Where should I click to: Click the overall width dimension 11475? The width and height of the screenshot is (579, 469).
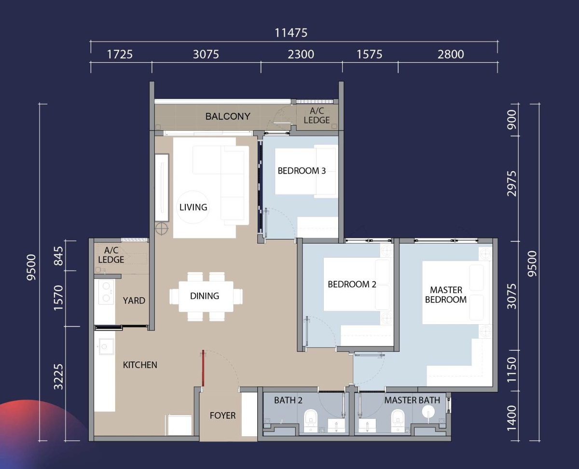click(x=291, y=33)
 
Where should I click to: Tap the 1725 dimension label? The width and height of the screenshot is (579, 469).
click(x=120, y=55)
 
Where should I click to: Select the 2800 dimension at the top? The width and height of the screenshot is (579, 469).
click(x=451, y=55)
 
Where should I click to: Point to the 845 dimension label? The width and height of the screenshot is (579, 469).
click(x=58, y=256)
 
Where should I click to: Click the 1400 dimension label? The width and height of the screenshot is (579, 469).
click(x=511, y=418)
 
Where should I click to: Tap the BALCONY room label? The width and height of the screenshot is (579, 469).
click(x=228, y=116)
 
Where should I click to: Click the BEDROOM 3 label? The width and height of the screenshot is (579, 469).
click(x=302, y=171)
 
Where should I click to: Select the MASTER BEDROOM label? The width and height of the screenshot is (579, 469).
click(x=446, y=295)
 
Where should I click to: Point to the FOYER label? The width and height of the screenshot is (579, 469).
click(x=222, y=415)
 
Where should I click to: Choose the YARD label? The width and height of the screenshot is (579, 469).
click(x=134, y=301)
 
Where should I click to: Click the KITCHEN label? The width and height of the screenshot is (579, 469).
click(x=140, y=365)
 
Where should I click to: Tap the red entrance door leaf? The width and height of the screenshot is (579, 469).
click(x=203, y=368)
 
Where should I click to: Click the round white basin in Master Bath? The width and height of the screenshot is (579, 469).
click(x=428, y=412)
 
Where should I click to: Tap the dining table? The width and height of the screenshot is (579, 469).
click(x=206, y=296)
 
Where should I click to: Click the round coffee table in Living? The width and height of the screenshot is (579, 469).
click(x=193, y=207)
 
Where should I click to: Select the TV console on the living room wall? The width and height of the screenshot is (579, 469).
click(x=162, y=188)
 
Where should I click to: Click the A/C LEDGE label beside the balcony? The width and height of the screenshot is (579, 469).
click(x=317, y=115)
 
